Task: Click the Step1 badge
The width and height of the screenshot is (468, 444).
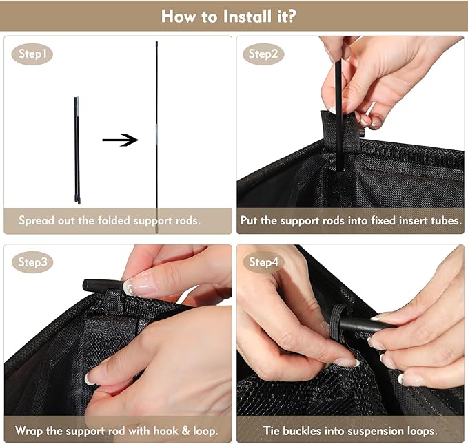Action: tap(32, 54)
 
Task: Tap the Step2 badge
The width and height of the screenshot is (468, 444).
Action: tap(263, 54)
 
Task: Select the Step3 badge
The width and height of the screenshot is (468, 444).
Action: tap(32, 262)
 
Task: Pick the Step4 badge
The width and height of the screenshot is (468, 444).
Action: tap(263, 262)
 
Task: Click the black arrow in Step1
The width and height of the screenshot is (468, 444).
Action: tap(121, 140)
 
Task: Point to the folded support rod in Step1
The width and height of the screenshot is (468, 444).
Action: tap(77, 150)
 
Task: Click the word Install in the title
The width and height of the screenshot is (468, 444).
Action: tap(248, 16)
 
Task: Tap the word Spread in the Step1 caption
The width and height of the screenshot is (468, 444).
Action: tap(37, 221)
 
